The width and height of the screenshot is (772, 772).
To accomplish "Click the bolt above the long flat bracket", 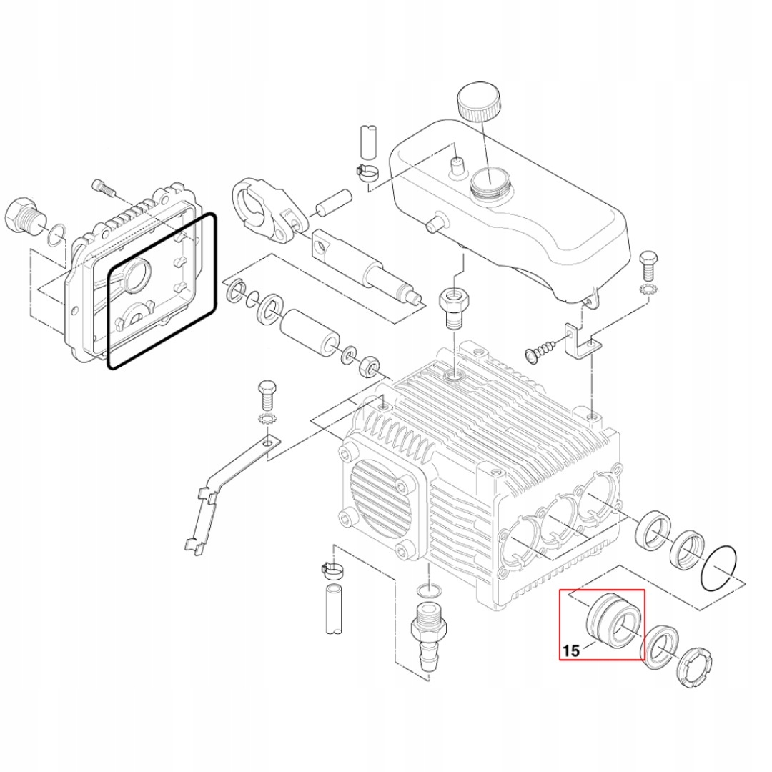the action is (x=266, y=392).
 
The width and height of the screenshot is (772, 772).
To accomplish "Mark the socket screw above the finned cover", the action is (x=104, y=189).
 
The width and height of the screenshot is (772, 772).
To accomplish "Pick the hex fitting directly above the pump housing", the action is (x=452, y=304).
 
